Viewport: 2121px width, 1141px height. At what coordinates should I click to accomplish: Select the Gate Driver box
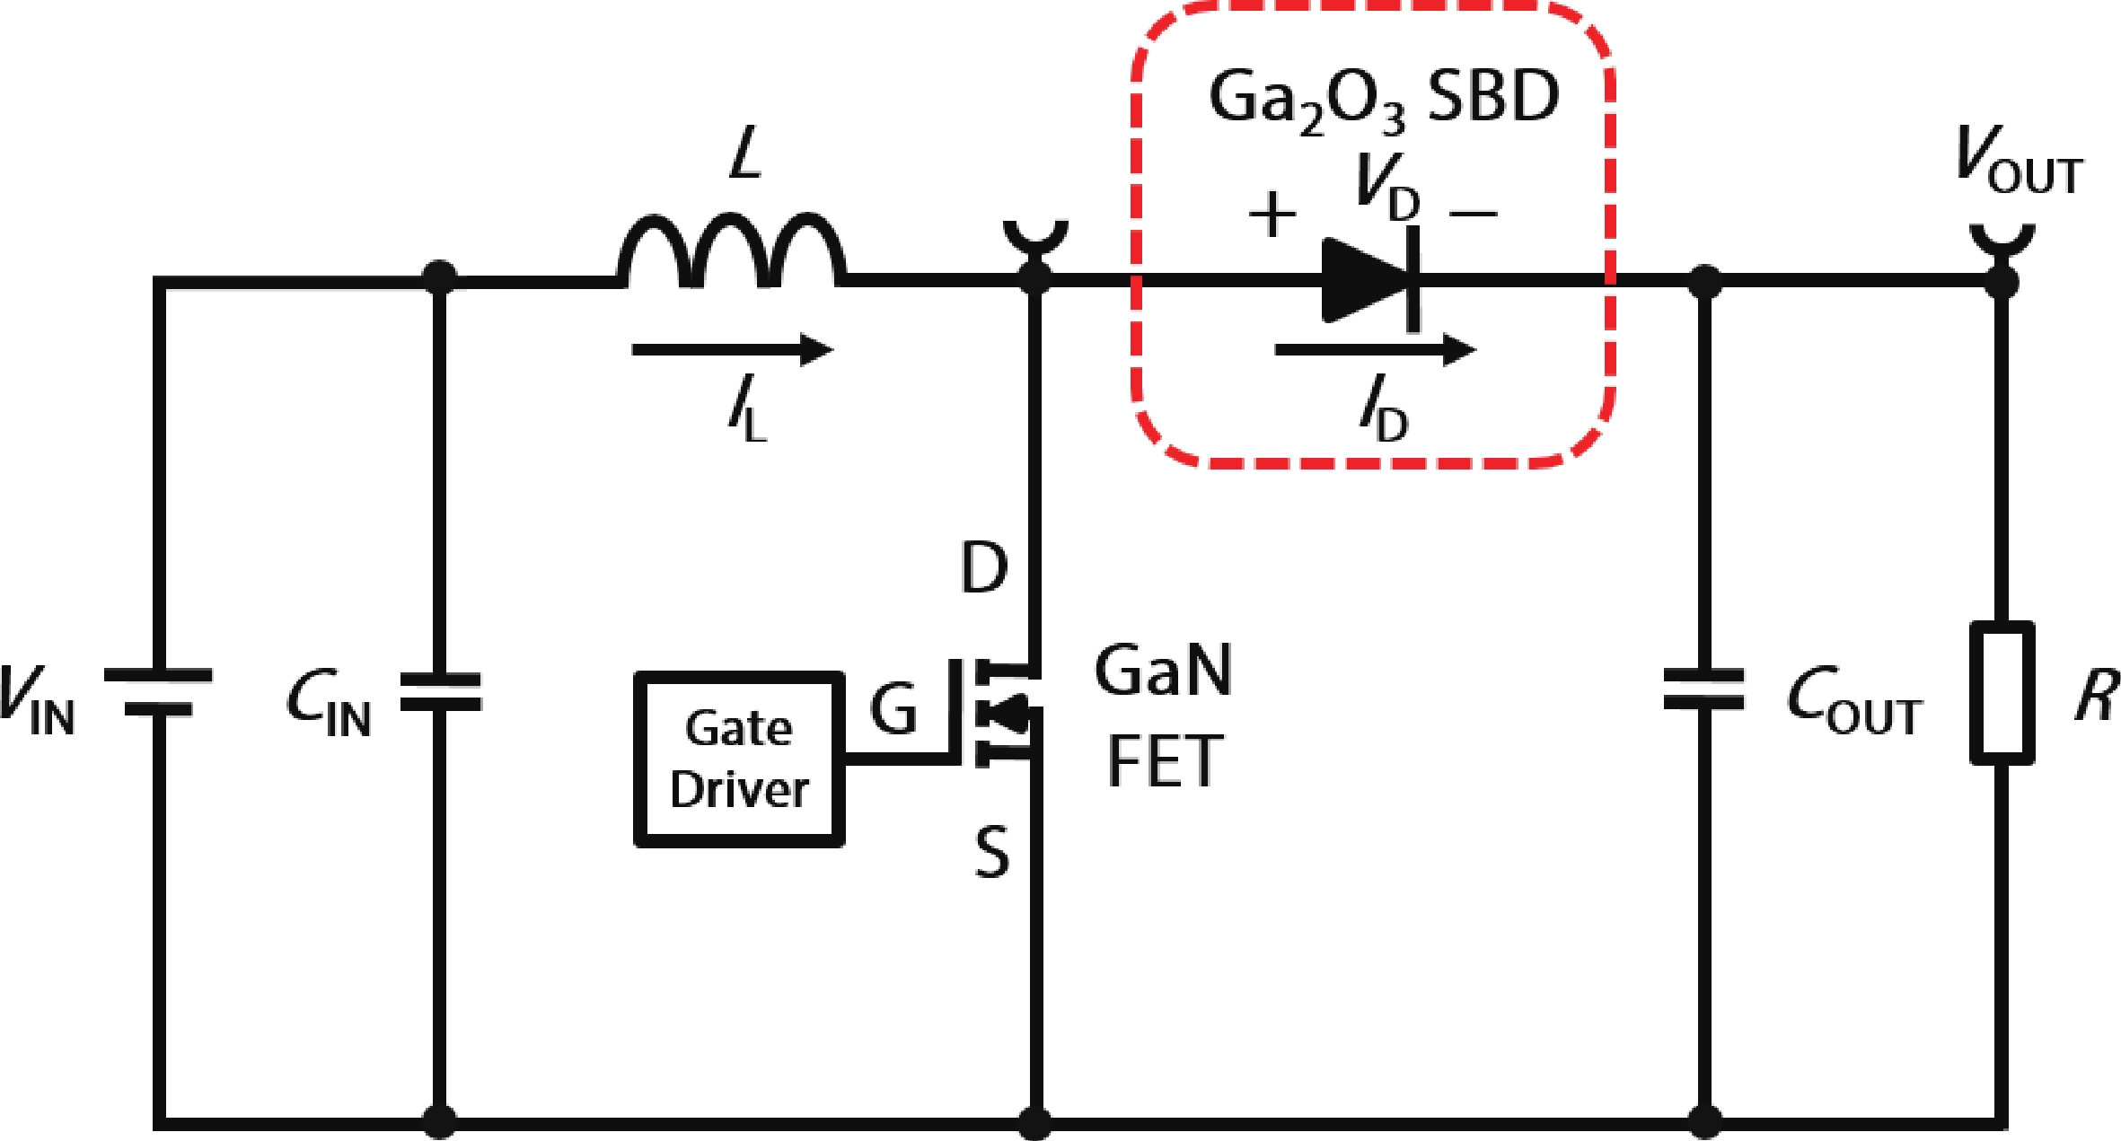pyautogui.click(x=739, y=759)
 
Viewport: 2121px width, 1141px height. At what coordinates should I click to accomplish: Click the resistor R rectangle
pyautogui.click(x=2002, y=693)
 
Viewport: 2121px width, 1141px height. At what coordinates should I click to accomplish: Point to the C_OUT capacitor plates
pyautogui.click(x=1703, y=689)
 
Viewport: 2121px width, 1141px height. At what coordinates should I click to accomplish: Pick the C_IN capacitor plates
pyautogui.click(x=440, y=691)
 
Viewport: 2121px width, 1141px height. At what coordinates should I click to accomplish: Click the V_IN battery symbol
pyautogui.click(x=158, y=692)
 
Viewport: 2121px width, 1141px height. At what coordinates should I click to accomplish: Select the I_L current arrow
pyautogui.click(x=732, y=349)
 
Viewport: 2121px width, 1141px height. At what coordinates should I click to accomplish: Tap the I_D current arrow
pyautogui.click(x=1375, y=349)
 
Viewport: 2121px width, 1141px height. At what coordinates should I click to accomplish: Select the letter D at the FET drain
pyautogui.click(x=984, y=567)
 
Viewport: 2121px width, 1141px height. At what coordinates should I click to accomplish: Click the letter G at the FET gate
pyautogui.click(x=893, y=709)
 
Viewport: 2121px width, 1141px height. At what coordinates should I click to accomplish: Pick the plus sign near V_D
pyautogui.click(x=1272, y=215)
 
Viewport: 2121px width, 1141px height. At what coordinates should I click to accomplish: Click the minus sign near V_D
pyautogui.click(x=1474, y=214)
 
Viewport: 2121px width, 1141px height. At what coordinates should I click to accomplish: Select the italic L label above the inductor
pyautogui.click(x=746, y=154)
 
